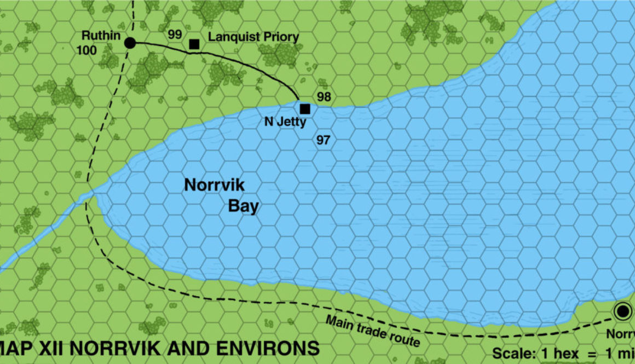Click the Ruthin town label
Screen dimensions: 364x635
click(x=101, y=36)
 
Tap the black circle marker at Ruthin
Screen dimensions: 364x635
click(x=130, y=43)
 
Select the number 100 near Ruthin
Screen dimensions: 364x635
click(x=87, y=51)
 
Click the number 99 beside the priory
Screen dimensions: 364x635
click(x=175, y=34)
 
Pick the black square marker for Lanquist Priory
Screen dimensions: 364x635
click(x=194, y=44)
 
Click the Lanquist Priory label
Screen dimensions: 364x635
click(x=253, y=37)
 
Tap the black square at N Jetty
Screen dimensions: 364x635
click(x=305, y=108)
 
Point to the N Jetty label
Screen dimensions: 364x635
click(x=285, y=122)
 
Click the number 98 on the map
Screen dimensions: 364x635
click(x=324, y=97)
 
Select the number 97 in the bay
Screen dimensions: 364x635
click(x=323, y=140)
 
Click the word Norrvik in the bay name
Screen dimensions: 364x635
click(x=214, y=185)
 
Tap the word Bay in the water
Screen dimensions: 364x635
click(x=243, y=206)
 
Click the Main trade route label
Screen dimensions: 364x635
click(x=373, y=331)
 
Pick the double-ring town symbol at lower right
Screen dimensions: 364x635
click(x=622, y=311)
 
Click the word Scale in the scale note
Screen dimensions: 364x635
click(x=512, y=353)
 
